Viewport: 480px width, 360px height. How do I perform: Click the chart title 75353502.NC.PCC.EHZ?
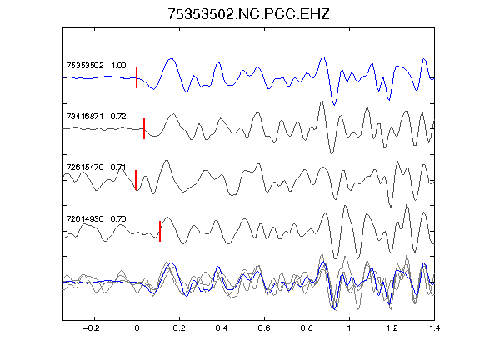click(248, 14)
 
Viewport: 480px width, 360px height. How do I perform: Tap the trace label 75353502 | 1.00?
click(96, 66)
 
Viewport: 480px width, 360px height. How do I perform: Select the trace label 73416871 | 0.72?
click(96, 117)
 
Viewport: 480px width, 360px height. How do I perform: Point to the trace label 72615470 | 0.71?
click(96, 167)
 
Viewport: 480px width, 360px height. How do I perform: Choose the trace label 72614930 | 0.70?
click(96, 218)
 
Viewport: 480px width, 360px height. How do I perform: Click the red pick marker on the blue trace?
click(137, 77)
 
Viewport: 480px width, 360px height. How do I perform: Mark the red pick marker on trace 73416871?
click(144, 128)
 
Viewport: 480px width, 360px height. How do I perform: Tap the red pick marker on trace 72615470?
click(136, 180)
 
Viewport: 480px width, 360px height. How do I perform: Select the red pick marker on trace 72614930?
click(160, 231)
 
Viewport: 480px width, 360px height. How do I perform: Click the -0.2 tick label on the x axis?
click(91, 328)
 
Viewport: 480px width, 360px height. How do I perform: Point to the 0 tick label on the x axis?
click(137, 328)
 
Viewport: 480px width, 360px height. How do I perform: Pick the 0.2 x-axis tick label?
click(179, 328)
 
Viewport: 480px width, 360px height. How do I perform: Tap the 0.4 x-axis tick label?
click(222, 328)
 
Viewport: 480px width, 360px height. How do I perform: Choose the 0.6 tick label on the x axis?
click(264, 328)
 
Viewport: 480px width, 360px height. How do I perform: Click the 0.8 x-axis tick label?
click(307, 328)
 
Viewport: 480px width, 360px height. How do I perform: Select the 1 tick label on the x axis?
click(349, 328)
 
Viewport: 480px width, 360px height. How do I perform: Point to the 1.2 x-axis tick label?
click(392, 328)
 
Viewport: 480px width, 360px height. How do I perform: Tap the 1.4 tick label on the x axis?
click(434, 328)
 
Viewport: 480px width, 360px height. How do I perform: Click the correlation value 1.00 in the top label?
click(118, 66)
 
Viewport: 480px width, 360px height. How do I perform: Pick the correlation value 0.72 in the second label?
click(118, 117)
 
